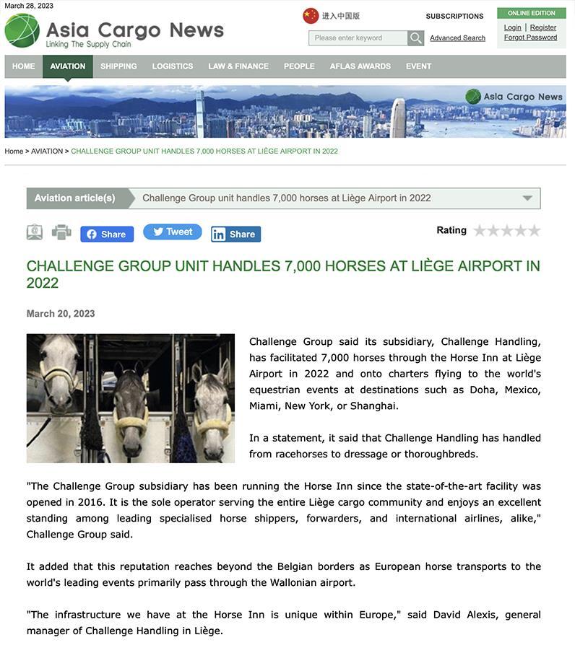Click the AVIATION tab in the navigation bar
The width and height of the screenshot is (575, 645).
(68, 66)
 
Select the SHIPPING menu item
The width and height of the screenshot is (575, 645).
(118, 66)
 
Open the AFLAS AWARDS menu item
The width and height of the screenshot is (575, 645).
(360, 66)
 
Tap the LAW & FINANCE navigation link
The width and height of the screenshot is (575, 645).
(238, 66)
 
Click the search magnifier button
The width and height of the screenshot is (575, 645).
(415, 38)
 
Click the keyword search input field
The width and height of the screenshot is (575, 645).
(358, 38)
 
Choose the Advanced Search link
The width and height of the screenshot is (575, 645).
(457, 38)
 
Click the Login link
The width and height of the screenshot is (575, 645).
(512, 27)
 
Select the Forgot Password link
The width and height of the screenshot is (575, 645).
(530, 38)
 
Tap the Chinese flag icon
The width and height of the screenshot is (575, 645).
(311, 16)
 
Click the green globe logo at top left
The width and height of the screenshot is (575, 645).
(22, 30)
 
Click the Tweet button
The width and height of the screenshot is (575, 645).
(172, 232)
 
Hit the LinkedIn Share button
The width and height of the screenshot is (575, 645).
(235, 234)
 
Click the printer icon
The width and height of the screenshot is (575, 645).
(61, 232)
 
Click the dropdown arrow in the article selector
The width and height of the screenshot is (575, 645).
(527, 198)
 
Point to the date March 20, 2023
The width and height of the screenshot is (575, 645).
(61, 314)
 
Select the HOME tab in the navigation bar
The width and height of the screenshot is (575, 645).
(24, 66)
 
